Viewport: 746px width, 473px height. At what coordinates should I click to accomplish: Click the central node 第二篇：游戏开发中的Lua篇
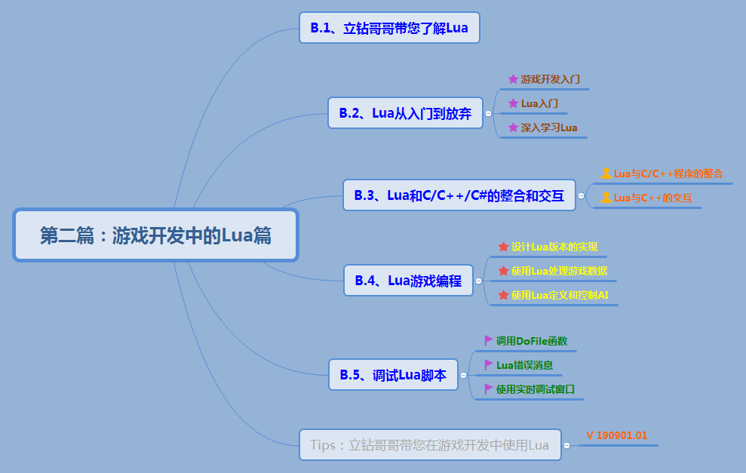[156, 235]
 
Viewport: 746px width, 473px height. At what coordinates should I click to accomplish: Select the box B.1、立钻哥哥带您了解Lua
[389, 28]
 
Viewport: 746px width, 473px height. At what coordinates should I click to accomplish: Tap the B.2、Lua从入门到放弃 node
[405, 113]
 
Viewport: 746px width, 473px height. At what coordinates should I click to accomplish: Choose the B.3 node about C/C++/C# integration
[459, 195]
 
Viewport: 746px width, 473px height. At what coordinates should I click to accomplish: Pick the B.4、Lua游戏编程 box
[408, 281]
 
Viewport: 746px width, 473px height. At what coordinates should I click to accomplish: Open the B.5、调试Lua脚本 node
[393, 374]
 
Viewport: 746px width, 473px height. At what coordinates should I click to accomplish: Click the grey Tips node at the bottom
[429, 445]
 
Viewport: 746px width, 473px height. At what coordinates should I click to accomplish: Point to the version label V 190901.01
[616, 435]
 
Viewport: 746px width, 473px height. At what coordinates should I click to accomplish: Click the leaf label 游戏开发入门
[550, 78]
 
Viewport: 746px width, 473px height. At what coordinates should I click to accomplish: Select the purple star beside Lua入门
[513, 103]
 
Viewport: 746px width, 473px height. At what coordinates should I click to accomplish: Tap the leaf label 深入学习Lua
[548, 127]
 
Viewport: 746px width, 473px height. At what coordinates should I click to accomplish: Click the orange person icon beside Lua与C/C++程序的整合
[606, 174]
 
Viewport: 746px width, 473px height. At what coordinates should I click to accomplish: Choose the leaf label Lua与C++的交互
[652, 198]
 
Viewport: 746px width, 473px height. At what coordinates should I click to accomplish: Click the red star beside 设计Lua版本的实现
[503, 247]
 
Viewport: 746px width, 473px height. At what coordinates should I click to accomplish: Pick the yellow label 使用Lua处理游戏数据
[559, 271]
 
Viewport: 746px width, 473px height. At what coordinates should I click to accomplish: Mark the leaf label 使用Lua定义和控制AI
[559, 295]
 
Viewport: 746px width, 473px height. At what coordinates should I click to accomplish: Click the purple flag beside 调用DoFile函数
[489, 340]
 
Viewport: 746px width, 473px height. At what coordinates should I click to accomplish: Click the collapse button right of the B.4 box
[478, 281]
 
